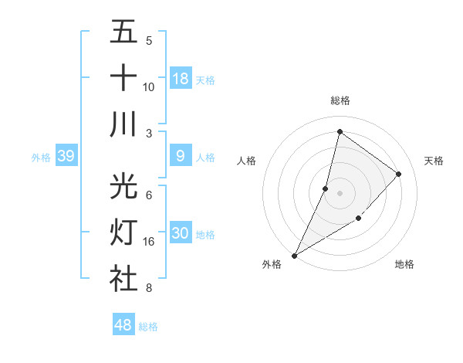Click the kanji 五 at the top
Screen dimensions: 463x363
pos(123,32)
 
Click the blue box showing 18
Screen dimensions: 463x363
pos(181,79)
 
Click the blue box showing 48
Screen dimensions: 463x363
pos(123,325)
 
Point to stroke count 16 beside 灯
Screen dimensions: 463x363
pos(149,242)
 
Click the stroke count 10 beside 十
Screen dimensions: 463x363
pos(149,87)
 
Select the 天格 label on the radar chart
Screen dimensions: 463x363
pos(434,161)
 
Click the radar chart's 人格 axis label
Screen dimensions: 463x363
pos(246,161)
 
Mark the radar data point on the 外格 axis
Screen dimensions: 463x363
pos(294,255)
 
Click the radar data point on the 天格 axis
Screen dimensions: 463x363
pos(399,174)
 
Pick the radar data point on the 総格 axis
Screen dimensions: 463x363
pos(340,131)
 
